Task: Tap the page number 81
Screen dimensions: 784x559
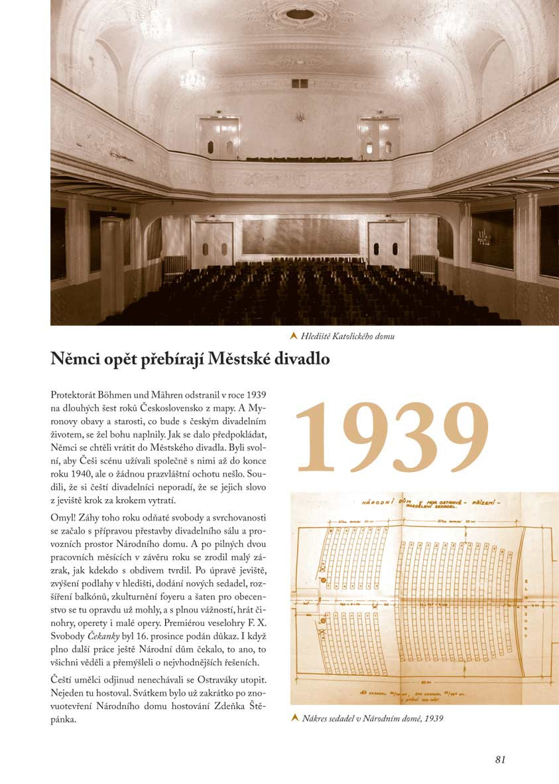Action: pos(501,759)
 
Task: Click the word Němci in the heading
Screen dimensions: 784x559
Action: pos(75,359)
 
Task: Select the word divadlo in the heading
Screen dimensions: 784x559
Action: pos(303,359)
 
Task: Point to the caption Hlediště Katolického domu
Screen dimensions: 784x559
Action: pos(347,336)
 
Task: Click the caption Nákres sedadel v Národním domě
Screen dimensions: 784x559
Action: pos(373,718)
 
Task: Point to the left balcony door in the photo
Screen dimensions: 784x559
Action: pos(219,138)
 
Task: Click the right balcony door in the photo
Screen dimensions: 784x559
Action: pos(379,138)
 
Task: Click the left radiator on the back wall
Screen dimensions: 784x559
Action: pos(175,266)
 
